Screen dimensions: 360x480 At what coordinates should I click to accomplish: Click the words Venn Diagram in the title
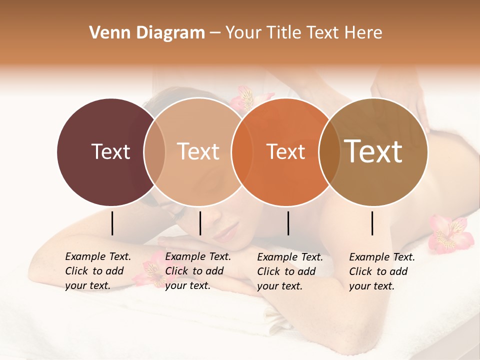(147, 33)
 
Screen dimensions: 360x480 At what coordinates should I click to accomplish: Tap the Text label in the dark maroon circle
(110, 151)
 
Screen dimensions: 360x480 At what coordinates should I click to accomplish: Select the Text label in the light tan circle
(198, 151)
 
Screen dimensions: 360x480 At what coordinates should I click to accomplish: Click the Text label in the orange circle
(285, 151)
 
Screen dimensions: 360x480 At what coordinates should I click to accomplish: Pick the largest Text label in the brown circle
(373, 151)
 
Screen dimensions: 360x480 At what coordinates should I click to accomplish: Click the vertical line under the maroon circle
(112, 223)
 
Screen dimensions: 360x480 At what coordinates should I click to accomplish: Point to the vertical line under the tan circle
(200, 223)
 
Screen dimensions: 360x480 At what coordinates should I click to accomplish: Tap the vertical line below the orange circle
(288, 223)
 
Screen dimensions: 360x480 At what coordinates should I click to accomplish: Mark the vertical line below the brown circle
(372, 223)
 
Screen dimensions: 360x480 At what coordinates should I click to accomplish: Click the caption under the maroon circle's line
(98, 271)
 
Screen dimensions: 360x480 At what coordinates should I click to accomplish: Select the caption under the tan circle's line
(198, 271)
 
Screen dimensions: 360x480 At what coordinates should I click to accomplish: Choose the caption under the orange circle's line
(290, 271)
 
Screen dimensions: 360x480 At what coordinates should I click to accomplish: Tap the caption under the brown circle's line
(382, 271)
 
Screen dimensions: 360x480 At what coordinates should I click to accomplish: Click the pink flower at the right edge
(451, 233)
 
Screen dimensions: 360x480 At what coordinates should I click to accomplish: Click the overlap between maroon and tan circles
(154, 151)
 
